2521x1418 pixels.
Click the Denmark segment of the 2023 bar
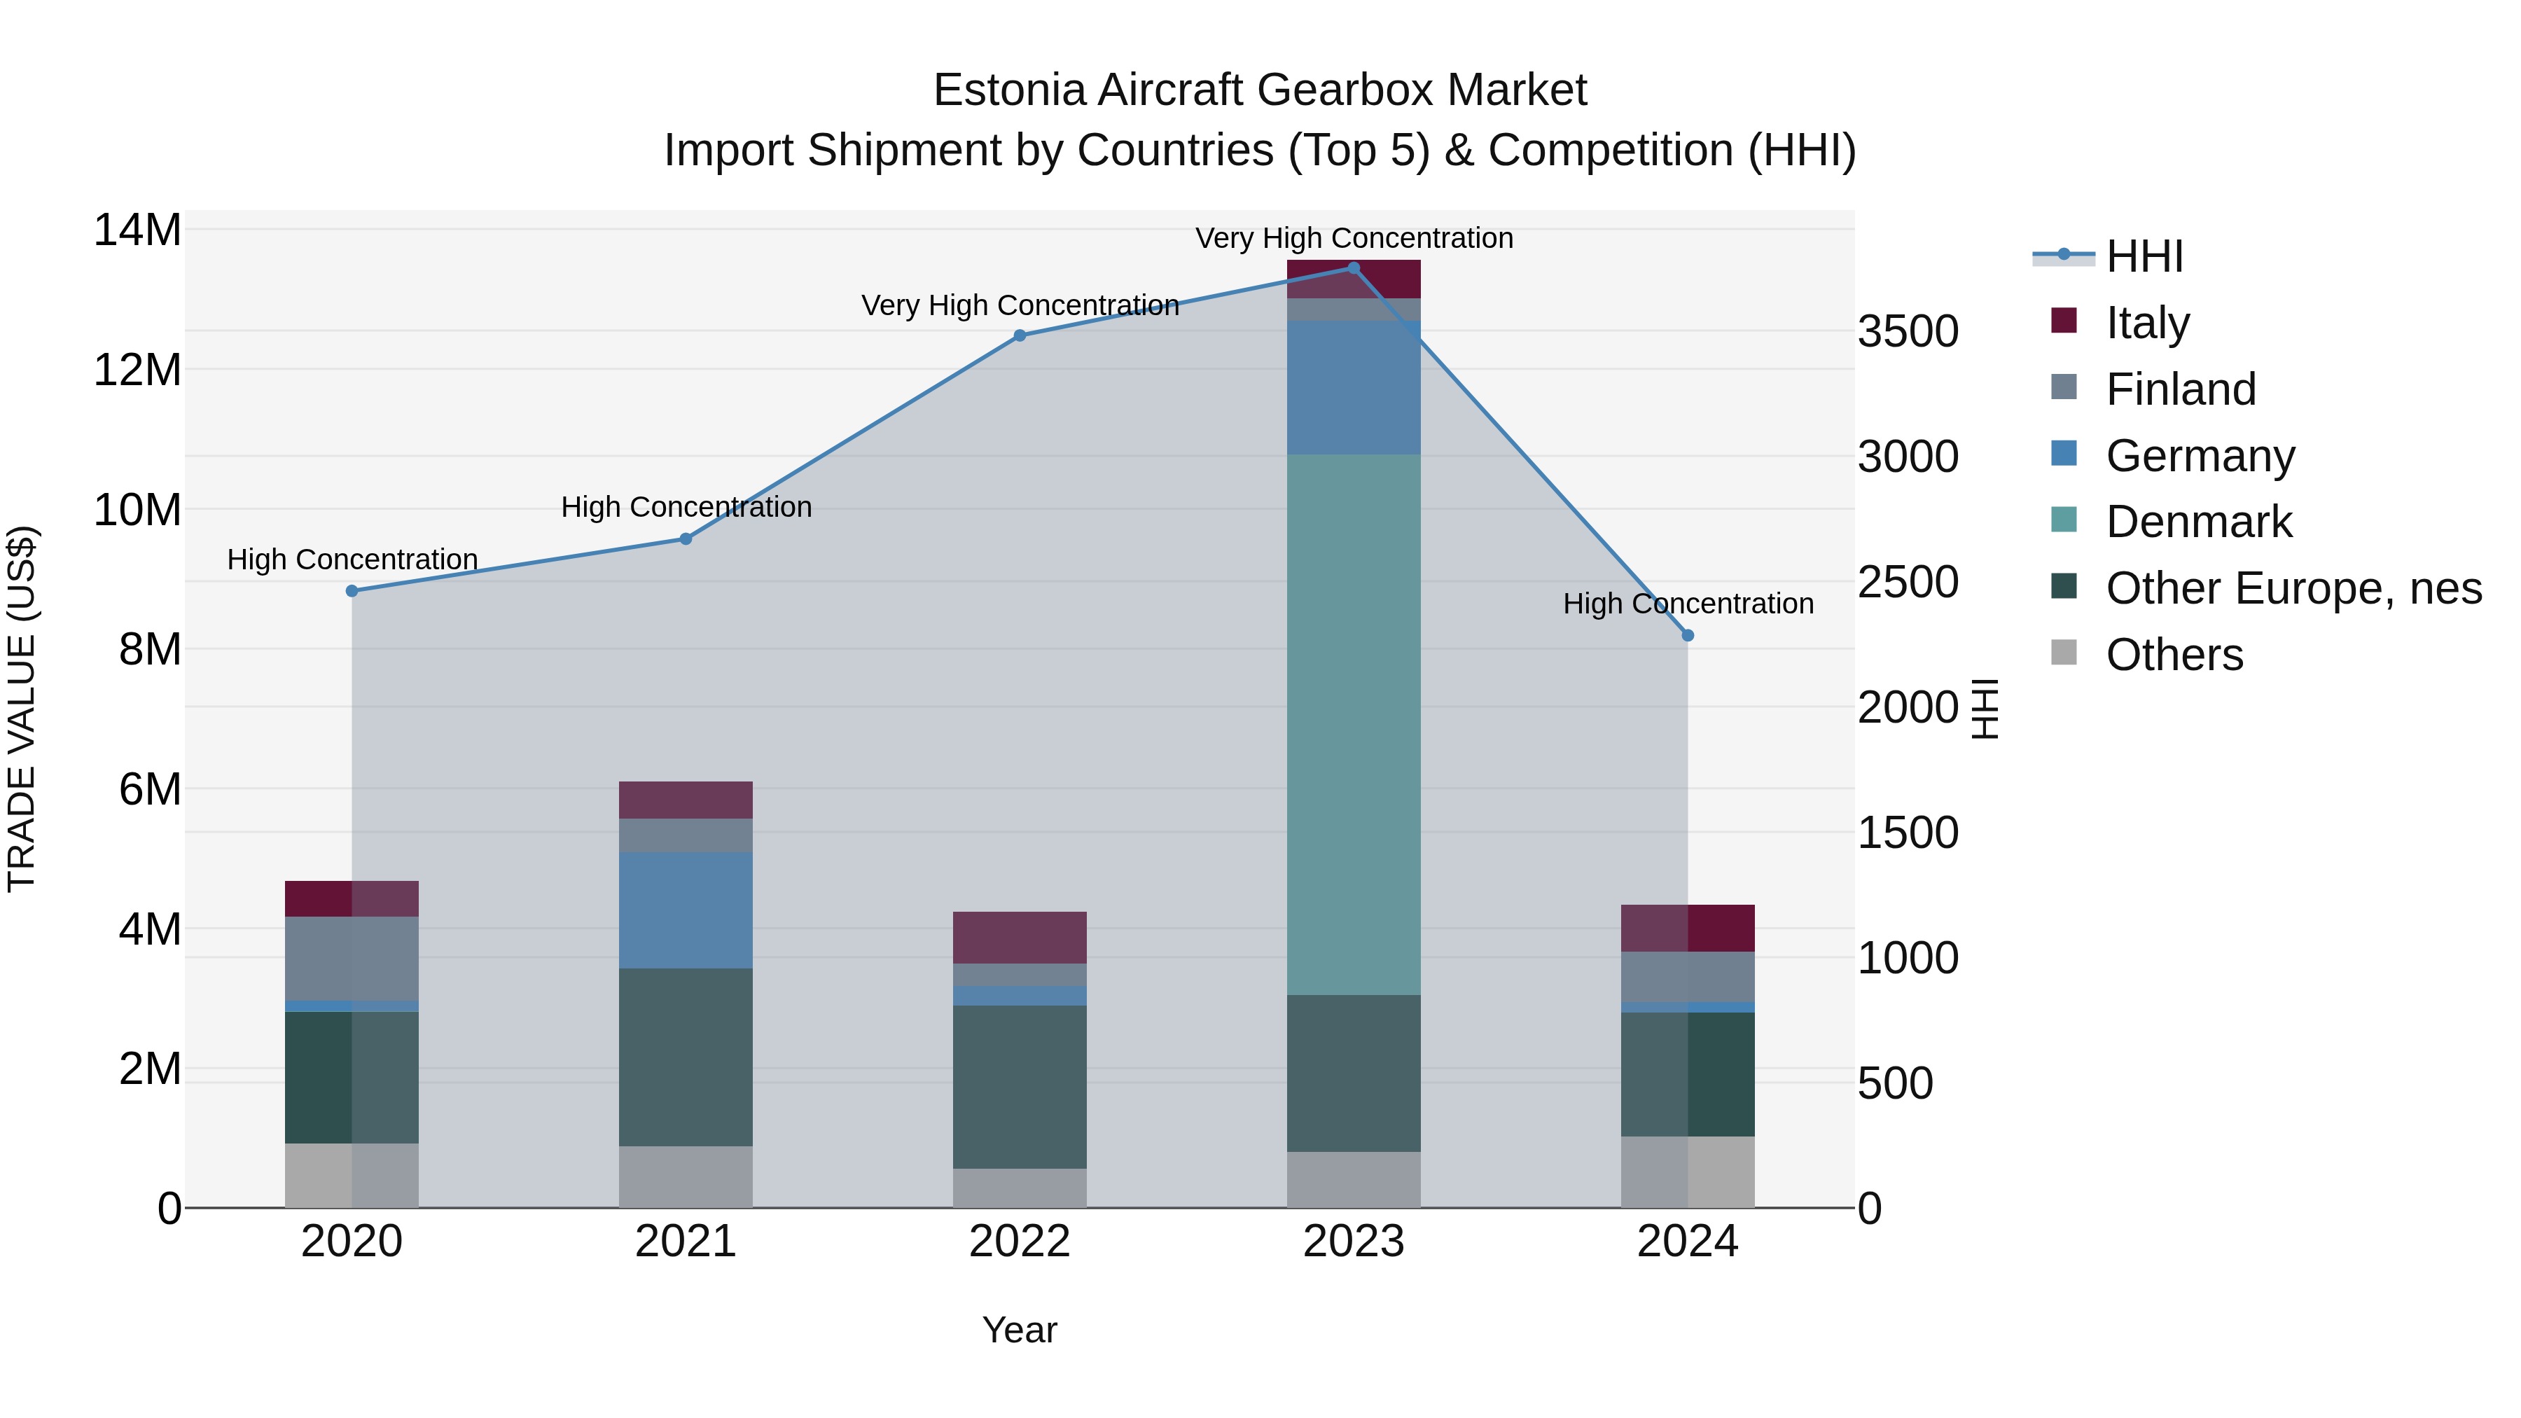1354,724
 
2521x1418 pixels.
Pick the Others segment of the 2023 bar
1354,1179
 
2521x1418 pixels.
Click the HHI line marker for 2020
352,591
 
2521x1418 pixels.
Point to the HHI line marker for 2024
1687,636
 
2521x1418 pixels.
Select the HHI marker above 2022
1020,335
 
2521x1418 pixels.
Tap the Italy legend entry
2147,322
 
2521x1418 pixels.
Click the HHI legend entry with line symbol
2144,256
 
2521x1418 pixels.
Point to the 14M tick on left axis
137,231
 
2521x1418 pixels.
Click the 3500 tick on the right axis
1908,332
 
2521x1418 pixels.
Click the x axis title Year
1020,1330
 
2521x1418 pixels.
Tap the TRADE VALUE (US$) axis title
22,709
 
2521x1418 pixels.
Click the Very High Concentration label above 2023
1354,238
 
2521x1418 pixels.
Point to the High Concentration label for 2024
1687,604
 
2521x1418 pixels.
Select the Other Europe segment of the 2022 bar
1020,1086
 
